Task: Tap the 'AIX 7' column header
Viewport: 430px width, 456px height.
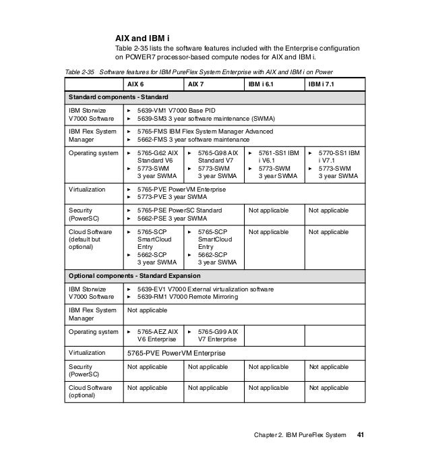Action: pos(195,84)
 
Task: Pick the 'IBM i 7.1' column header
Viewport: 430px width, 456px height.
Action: pos(321,84)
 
